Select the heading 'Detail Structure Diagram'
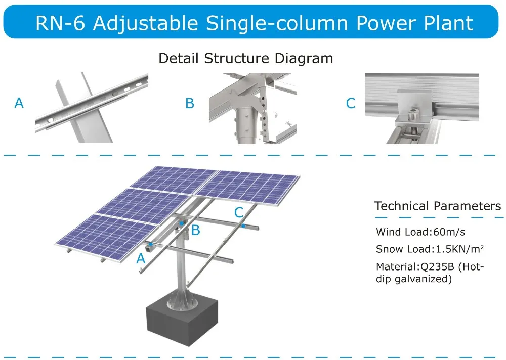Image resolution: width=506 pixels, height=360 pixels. click(x=246, y=58)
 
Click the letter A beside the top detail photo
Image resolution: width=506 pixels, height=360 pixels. click(x=19, y=103)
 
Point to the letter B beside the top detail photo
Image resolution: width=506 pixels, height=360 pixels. click(x=190, y=104)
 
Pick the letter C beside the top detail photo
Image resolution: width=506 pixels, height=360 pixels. click(x=351, y=104)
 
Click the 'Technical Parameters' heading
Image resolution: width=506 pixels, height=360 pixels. click(x=438, y=206)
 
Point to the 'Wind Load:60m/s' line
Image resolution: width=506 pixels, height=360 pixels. click(x=420, y=232)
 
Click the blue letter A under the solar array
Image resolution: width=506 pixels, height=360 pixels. click(x=141, y=259)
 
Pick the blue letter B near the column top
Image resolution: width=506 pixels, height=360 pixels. click(x=196, y=231)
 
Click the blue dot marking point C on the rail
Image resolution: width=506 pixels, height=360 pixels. click(x=243, y=226)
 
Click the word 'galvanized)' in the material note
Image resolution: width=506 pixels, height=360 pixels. click(x=427, y=278)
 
